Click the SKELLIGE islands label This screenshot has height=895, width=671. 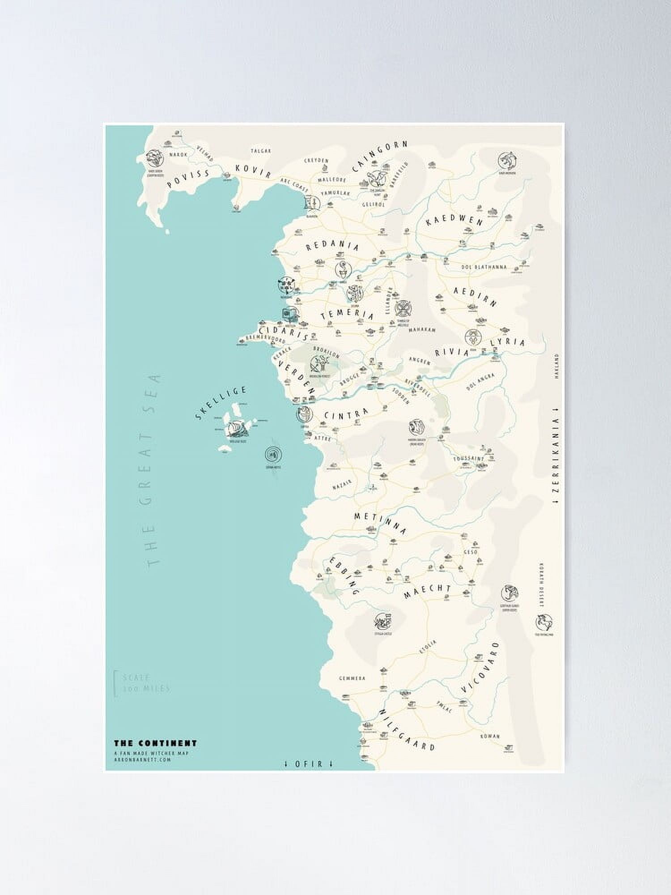[x=221, y=403]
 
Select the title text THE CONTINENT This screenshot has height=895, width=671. [x=155, y=743]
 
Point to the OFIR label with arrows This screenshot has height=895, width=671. [x=309, y=763]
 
